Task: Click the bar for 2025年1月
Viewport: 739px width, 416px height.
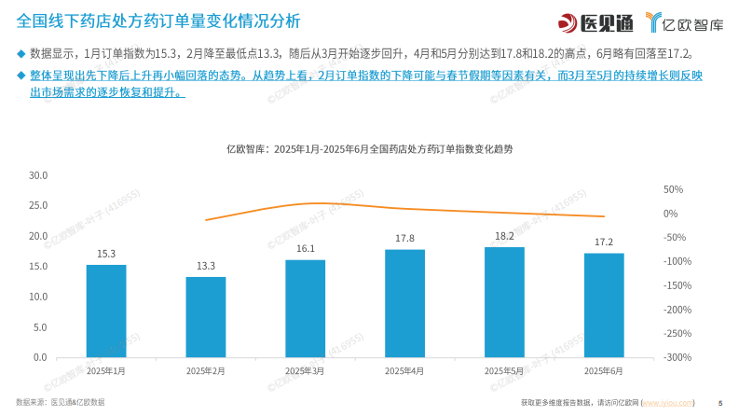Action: [x=106, y=311]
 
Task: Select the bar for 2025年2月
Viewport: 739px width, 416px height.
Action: [x=206, y=317]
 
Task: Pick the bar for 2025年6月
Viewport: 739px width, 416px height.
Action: [x=604, y=305]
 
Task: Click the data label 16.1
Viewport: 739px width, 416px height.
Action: [x=306, y=249]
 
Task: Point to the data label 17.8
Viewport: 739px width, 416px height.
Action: [x=404, y=239]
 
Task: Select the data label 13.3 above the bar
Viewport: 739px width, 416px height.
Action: [x=206, y=266]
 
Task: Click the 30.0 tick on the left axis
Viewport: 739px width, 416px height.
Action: [x=38, y=175]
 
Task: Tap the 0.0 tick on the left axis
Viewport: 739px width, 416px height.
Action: [x=40, y=357]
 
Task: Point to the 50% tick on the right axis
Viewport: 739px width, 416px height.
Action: [x=673, y=189]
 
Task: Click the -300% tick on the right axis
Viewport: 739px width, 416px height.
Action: [x=677, y=357]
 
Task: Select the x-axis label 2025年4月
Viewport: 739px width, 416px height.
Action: [x=404, y=371]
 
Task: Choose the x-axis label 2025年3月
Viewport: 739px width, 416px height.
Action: [x=305, y=371]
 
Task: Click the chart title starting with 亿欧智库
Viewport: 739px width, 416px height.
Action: [x=369, y=148]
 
